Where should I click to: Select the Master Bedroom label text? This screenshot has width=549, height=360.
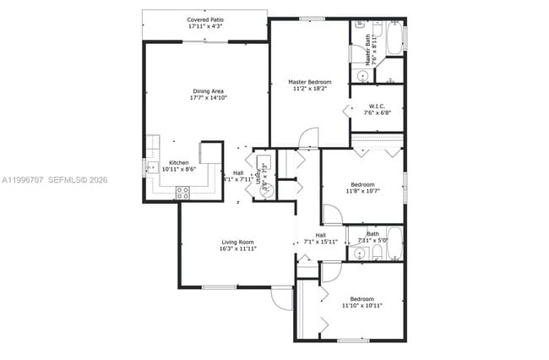[x=310, y=82]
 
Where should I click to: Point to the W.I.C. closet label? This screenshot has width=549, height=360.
[x=377, y=106]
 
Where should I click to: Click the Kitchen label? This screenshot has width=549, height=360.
[x=178, y=162]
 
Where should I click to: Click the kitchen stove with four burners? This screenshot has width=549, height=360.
[x=182, y=191]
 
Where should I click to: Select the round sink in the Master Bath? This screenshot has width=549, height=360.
[x=361, y=76]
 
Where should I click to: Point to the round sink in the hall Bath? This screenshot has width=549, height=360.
[x=358, y=252]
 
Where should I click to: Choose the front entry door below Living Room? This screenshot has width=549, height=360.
[x=281, y=298]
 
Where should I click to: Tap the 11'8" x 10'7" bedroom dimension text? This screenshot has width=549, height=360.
[x=362, y=191]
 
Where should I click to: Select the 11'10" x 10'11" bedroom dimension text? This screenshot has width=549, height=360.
[x=362, y=305]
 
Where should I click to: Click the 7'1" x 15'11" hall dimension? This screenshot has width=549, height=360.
[x=321, y=242]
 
